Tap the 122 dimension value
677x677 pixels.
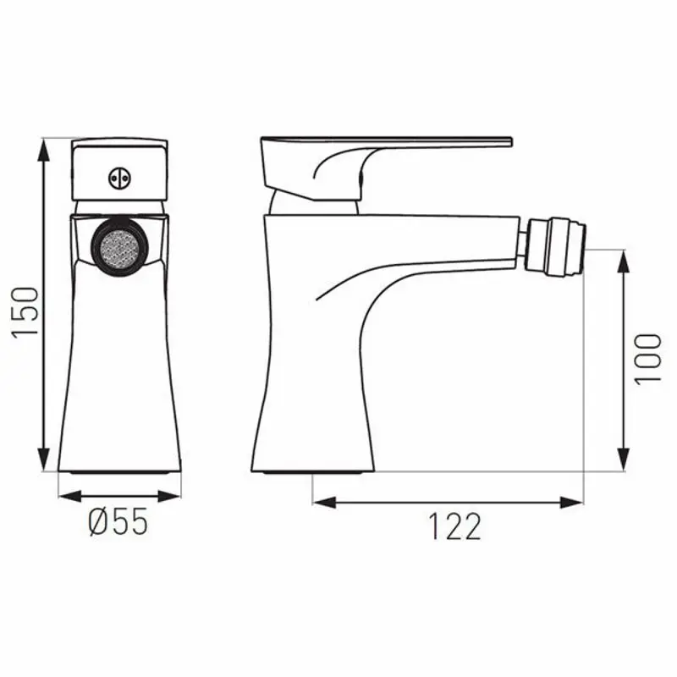[453, 526]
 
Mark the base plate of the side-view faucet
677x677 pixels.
[314, 469]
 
